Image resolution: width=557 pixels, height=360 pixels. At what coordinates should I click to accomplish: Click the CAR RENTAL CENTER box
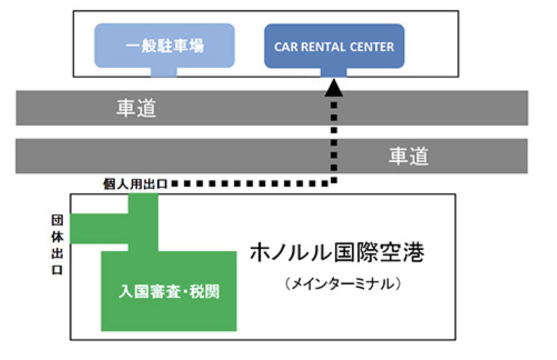tap(334, 46)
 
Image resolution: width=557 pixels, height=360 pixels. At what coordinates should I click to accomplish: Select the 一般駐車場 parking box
tap(164, 46)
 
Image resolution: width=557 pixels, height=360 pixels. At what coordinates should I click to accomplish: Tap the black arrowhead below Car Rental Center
tap(334, 87)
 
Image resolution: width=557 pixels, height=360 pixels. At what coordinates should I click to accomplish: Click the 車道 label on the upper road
tap(136, 108)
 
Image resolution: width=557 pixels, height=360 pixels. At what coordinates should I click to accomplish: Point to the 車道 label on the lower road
tap(409, 156)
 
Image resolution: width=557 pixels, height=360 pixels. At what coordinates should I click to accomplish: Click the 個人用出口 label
tap(136, 184)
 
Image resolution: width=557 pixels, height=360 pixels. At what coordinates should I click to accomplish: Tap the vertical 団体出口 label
tap(57, 245)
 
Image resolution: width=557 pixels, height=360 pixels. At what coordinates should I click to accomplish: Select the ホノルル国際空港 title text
tap(337, 254)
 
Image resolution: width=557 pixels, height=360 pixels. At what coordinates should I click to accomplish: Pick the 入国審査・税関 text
tap(168, 291)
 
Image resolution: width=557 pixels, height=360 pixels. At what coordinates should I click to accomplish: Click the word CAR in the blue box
tap(286, 47)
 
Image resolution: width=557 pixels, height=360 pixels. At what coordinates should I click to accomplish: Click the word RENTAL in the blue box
tap(325, 47)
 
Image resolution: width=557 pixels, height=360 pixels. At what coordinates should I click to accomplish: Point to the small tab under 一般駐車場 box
tap(164, 72)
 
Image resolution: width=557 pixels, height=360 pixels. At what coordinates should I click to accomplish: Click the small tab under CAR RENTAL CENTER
tap(334, 72)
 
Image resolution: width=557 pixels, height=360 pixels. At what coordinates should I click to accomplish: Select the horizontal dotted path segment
tap(250, 183)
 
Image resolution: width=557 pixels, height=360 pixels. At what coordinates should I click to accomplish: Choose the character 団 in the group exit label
tap(57, 220)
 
